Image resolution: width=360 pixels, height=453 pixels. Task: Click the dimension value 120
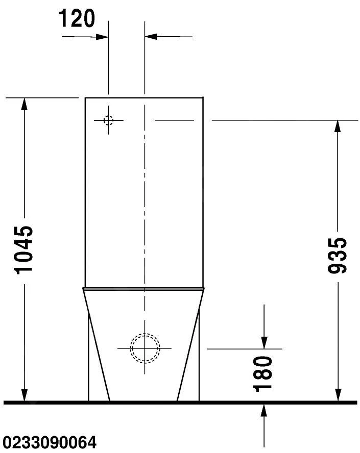77,18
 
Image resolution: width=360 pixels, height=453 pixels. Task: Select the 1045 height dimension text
23,250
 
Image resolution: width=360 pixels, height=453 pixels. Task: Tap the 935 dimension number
337,256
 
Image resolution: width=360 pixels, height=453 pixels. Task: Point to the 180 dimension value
262,374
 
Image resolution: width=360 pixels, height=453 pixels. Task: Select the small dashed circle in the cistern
108,120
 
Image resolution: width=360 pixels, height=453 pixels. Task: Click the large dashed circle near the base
145,348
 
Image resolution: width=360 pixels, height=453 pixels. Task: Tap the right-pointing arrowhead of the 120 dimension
102,37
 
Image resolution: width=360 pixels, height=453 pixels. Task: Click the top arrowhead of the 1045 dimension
25,104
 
